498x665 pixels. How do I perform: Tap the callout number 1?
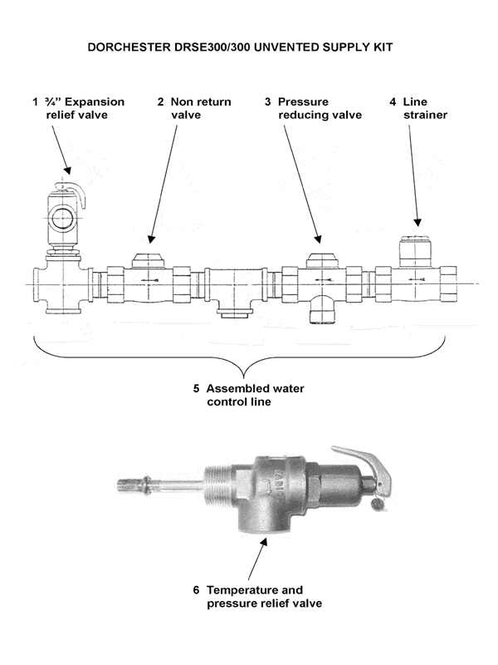[x=35, y=101]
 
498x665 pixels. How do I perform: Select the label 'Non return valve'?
[x=194, y=108]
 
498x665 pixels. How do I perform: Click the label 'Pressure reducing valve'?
[x=314, y=108]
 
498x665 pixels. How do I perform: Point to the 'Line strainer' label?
[x=418, y=108]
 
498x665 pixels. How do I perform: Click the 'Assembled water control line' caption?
[x=249, y=395]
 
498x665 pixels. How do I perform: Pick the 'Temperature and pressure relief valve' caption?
[x=257, y=596]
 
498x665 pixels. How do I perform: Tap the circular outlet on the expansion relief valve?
[x=61, y=218]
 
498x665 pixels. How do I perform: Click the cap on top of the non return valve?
[x=148, y=260]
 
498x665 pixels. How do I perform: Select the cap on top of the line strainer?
[x=416, y=251]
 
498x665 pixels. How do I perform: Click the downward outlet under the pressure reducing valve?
[x=320, y=310]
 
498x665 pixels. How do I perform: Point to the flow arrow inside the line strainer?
[x=417, y=279]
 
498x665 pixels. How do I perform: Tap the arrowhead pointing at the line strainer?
[x=417, y=222]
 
